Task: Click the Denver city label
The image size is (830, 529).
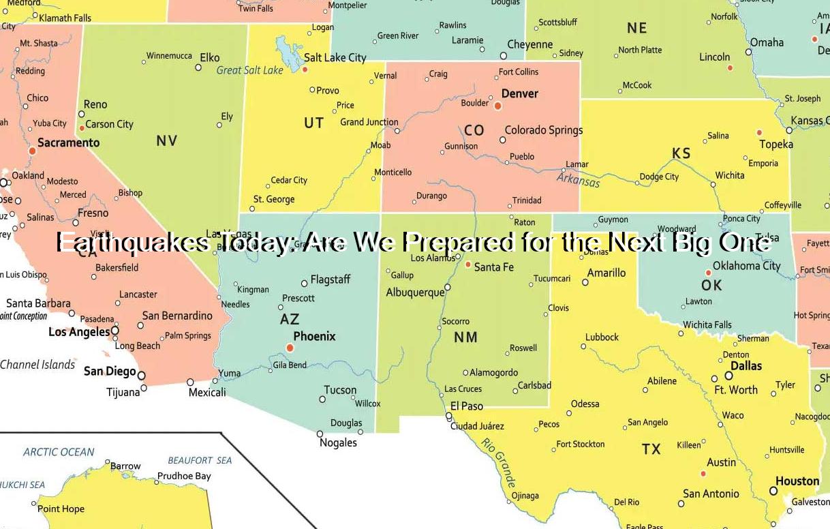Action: (x=519, y=93)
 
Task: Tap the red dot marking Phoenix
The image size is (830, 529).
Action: (x=290, y=348)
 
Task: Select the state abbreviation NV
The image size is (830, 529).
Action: (x=167, y=140)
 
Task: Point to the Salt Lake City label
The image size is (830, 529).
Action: (x=335, y=58)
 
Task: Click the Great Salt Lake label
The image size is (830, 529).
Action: (x=249, y=70)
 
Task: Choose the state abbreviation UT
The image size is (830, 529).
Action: (x=313, y=123)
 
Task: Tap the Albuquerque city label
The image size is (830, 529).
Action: (x=415, y=292)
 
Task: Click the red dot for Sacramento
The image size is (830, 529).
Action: (x=32, y=151)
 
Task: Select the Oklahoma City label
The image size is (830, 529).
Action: (x=746, y=266)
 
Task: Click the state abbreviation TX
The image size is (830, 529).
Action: (x=651, y=449)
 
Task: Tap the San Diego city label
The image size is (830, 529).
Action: (x=110, y=372)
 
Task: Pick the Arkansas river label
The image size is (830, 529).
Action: (x=578, y=179)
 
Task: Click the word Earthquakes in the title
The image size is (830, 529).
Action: (x=133, y=243)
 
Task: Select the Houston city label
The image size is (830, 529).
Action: (x=797, y=481)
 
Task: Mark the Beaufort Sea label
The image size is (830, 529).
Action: (x=200, y=460)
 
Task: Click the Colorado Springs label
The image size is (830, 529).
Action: (x=543, y=130)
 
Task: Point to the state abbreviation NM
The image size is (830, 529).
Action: (x=465, y=337)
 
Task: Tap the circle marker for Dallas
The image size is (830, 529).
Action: (x=728, y=376)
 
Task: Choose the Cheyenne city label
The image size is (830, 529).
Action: (x=530, y=45)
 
